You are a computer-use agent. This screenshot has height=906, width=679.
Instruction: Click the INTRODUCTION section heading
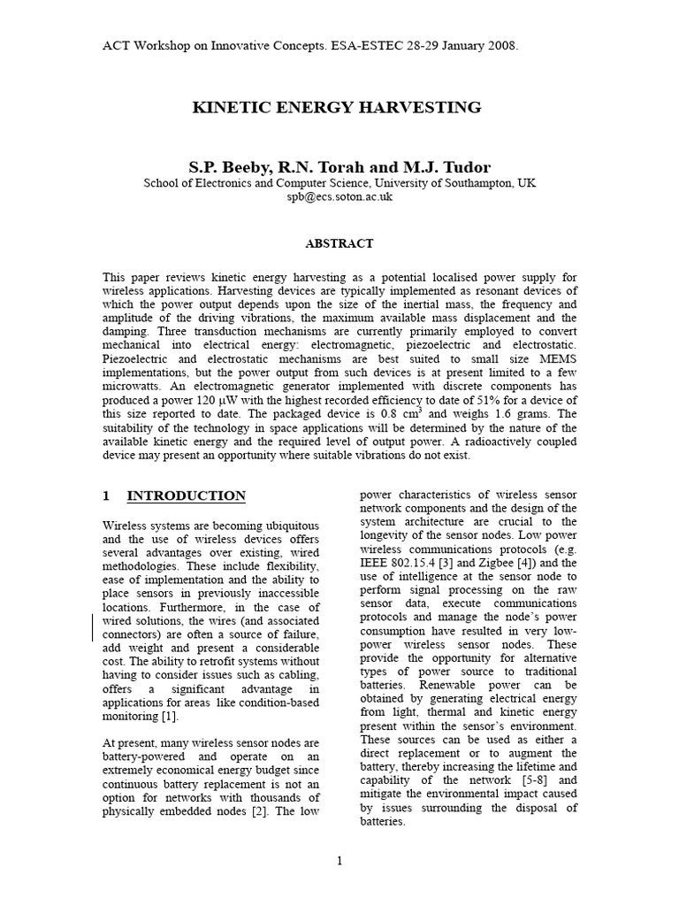pos(186,495)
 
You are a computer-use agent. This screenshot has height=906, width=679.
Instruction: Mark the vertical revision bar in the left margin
pos(93,628)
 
